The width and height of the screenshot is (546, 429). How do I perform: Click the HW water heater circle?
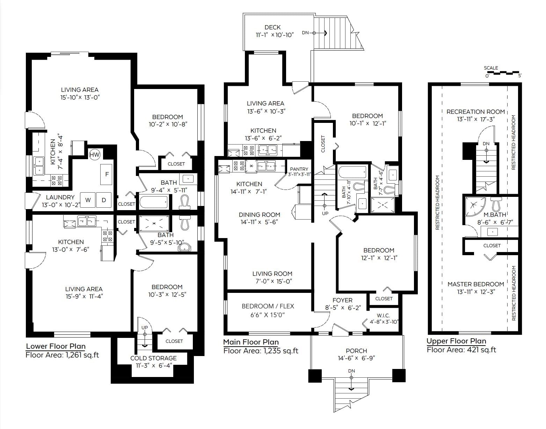tap(95, 155)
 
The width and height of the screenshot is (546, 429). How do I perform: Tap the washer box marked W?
tap(88, 200)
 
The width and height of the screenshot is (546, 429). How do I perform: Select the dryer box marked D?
tap(103, 200)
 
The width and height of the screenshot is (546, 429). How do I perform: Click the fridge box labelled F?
tap(107, 175)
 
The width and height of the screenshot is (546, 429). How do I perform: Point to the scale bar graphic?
tap(502, 73)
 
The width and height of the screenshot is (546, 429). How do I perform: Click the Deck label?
tap(272, 27)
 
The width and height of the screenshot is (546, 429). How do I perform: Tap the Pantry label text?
tap(299, 169)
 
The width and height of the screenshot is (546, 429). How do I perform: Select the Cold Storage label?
tap(153, 358)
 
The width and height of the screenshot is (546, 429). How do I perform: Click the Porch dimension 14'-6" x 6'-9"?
tap(356, 358)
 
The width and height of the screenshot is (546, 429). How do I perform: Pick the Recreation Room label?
tap(476, 112)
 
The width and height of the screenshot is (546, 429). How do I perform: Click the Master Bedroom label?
tap(476, 284)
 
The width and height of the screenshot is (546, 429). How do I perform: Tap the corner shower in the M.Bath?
tap(474, 206)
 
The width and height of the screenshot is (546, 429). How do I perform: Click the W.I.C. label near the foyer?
tap(383, 316)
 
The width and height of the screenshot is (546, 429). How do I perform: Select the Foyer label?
tap(343, 300)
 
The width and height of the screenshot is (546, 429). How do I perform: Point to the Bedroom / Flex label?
tap(268, 306)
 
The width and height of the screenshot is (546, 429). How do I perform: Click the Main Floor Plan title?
tap(251, 342)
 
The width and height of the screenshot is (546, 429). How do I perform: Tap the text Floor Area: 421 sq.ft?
tap(461, 350)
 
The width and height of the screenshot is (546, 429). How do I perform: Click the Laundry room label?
tap(60, 197)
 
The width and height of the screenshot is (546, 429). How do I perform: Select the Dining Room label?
tap(260, 214)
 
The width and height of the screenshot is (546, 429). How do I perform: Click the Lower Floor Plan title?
tap(56, 346)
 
